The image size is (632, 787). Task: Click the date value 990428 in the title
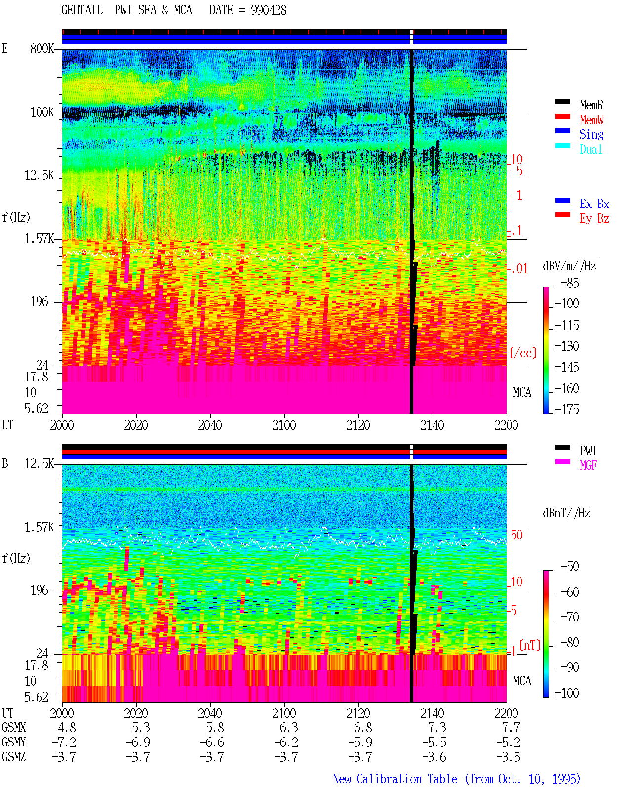(268, 10)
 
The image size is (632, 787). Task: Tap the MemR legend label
(592, 105)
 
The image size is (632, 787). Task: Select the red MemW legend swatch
(562, 116)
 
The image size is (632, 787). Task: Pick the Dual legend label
(591, 150)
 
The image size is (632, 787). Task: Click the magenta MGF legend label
(588, 465)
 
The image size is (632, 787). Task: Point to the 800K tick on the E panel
(42, 48)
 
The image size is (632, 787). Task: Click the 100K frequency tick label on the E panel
(42, 112)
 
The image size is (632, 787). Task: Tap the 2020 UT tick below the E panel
(136, 425)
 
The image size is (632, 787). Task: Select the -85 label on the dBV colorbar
(570, 283)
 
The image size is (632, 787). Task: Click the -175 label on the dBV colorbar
(567, 409)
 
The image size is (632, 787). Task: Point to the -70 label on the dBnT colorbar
(570, 617)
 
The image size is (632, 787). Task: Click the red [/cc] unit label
(523, 353)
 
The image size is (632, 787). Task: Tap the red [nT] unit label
(530, 645)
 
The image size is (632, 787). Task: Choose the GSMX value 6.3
(289, 728)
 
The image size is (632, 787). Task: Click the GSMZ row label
(14, 757)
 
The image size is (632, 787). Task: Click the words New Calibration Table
(395, 779)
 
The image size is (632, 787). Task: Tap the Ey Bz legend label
(594, 219)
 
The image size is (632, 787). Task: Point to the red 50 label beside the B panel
(516, 535)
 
